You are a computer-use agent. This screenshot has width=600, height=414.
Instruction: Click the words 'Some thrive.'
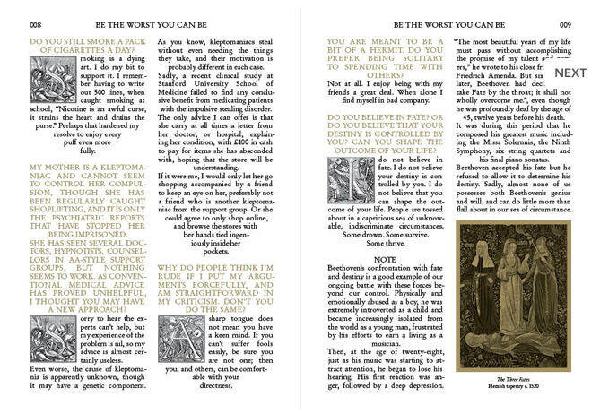[386, 243]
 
